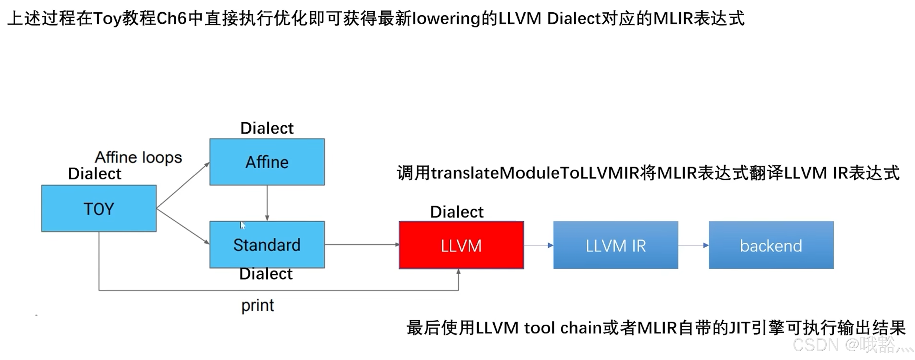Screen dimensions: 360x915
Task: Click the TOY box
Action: point(99,209)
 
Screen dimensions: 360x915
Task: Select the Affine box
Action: point(267,162)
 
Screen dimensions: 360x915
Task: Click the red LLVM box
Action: point(461,245)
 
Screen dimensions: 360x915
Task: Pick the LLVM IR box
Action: point(616,245)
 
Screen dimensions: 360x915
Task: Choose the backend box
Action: point(771,245)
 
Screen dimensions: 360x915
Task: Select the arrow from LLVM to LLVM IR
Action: point(538,245)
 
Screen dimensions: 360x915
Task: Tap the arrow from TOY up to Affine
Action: point(183,185)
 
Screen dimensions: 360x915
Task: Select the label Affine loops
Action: point(138,157)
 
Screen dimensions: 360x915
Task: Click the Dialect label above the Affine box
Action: point(267,128)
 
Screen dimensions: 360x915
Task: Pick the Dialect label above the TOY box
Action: point(95,174)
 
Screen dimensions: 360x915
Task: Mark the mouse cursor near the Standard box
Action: point(243,225)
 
